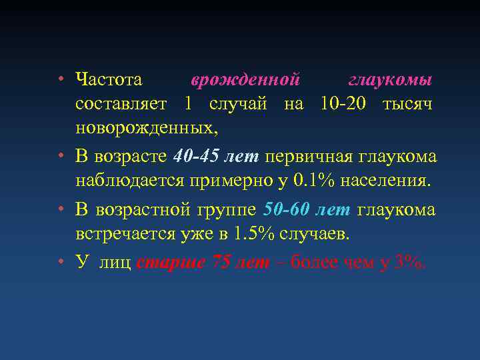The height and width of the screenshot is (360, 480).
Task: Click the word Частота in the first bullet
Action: [109, 81]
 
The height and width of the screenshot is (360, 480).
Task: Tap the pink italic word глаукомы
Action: [391, 81]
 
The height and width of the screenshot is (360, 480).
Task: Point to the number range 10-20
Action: [341, 104]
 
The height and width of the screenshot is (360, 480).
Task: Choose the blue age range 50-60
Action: [287, 210]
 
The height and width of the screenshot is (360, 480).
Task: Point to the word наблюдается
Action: [131, 180]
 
